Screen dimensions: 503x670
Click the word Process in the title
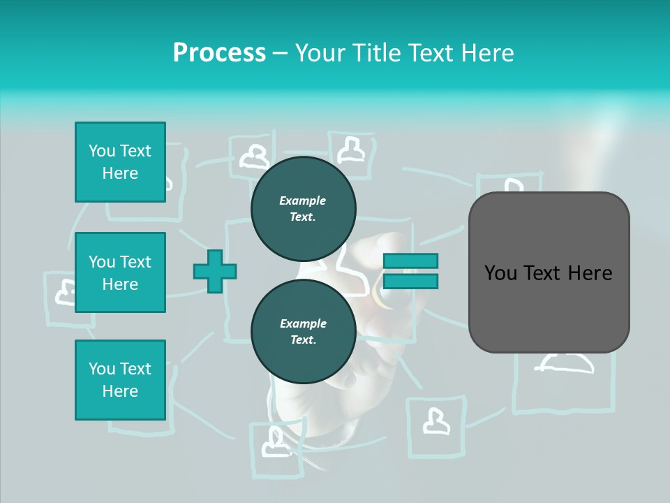[x=219, y=53]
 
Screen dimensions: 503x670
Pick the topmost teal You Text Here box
[x=120, y=162]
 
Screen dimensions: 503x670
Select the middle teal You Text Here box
[x=120, y=272]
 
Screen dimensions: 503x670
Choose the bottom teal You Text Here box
[x=120, y=380]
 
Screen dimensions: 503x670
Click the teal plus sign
[x=215, y=271]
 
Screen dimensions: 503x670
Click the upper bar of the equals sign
[x=410, y=261]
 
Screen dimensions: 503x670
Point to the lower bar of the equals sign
[x=410, y=282]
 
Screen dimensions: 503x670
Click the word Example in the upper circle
[x=303, y=201]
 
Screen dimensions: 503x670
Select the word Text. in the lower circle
[x=303, y=340]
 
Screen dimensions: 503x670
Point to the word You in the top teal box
[x=100, y=151]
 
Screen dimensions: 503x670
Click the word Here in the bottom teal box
[x=120, y=391]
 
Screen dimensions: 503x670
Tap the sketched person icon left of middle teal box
[x=66, y=292]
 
